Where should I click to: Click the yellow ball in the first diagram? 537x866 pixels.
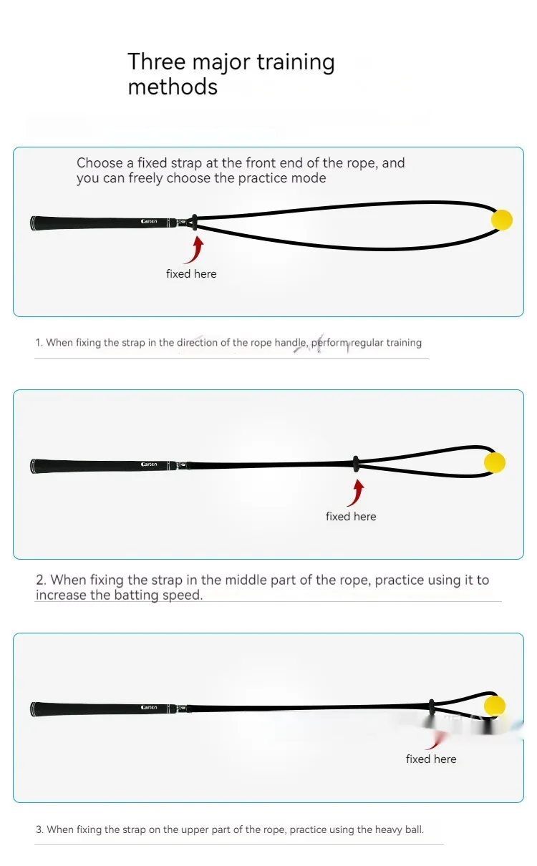coord(502,220)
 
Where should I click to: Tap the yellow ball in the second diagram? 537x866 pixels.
coord(495,462)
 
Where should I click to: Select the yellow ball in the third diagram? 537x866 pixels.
coord(495,705)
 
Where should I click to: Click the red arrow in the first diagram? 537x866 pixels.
coord(195,250)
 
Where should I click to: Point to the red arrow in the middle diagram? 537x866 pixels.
coord(356,493)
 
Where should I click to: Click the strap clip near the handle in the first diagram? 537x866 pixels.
coord(195,223)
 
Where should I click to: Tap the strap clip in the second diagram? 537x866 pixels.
coord(356,464)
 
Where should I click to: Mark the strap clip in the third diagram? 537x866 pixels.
coord(432,706)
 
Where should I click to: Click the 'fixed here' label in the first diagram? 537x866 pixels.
coord(191,273)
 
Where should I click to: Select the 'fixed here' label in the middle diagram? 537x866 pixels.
coord(351,517)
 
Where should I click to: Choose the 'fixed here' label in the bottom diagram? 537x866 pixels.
coord(431,759)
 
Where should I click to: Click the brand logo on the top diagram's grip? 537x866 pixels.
coord(149,222)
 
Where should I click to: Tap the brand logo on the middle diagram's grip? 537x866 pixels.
coord(149,464)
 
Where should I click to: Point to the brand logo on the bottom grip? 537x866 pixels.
coord(149,707)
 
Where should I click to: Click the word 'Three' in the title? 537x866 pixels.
coord(157,62)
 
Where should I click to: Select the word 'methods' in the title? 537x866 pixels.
coord(173,87)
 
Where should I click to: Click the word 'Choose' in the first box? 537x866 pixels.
coord(100,162)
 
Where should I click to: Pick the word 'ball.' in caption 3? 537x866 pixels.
coord(415,829)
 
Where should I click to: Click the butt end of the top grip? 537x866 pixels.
coord(32,223)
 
